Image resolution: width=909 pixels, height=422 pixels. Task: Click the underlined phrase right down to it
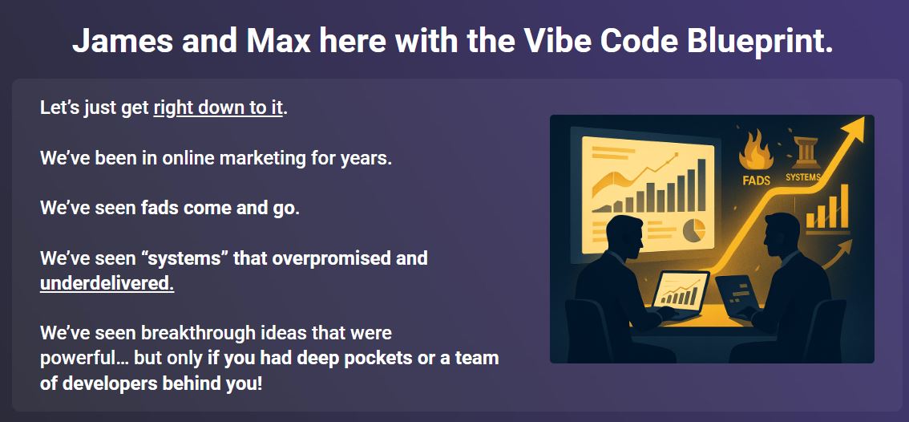click(x=218, y=108)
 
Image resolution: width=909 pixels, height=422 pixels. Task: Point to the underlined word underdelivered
click(x=107, y=283)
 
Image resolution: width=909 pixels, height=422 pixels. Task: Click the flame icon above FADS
click(x=754, y=151)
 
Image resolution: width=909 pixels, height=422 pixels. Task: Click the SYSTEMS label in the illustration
click(x=802, y=177)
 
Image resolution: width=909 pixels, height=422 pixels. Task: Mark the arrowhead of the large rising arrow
click(x=855, y=128)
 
